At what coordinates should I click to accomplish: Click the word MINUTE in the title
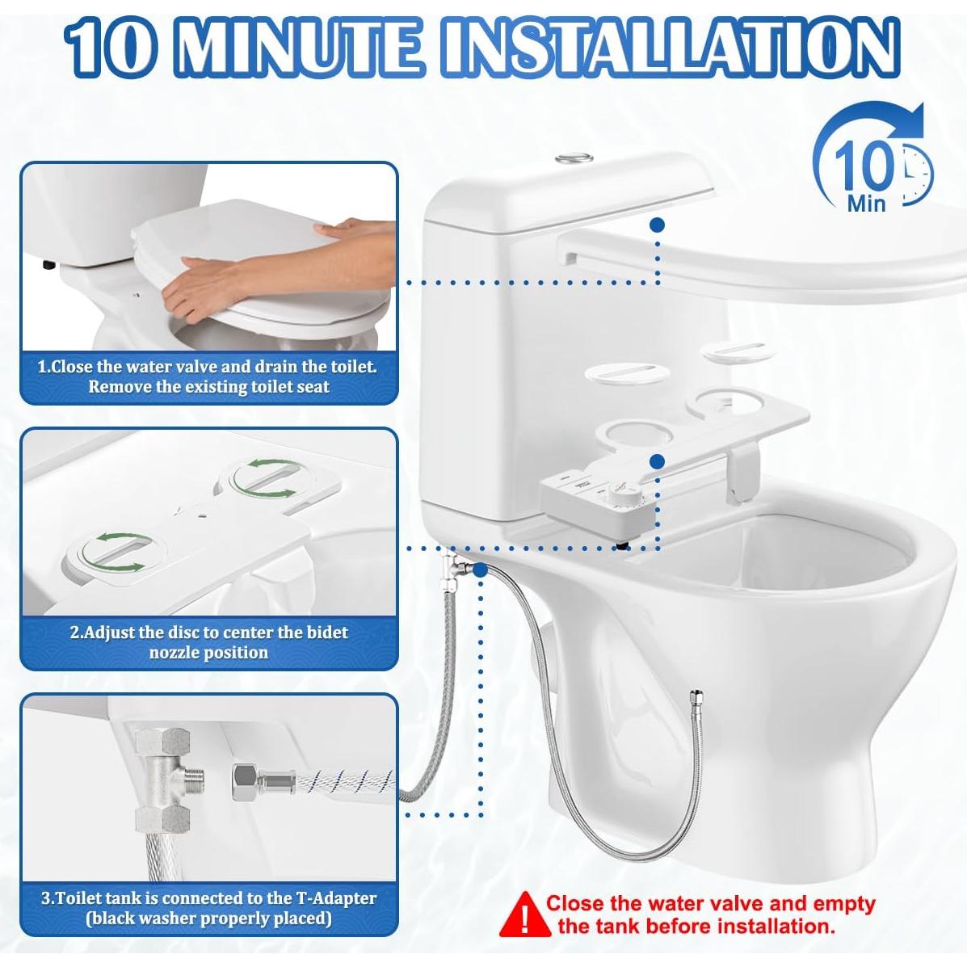(301, 48)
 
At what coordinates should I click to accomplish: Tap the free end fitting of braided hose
(692, 696)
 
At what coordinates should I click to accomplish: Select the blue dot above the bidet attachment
(658, 461)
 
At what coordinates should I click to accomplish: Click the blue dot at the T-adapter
(480, 570)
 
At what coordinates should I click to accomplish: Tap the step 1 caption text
(208, 376)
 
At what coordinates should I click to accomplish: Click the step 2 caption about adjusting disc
(208, 642)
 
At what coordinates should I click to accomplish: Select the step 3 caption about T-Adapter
(208, 907)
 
